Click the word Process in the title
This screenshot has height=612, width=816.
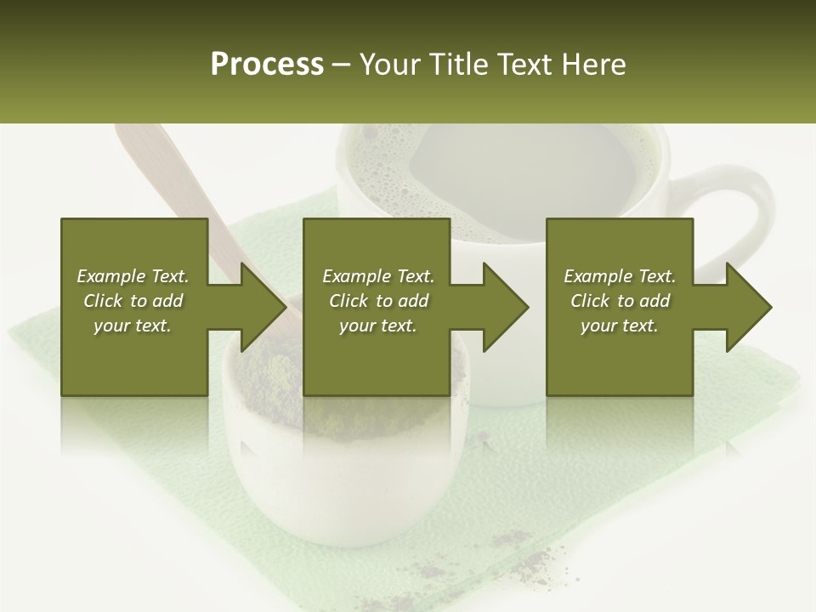click(267, 64)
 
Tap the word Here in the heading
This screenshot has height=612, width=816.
click(592, 64)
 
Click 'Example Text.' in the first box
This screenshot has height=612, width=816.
click(133, 276)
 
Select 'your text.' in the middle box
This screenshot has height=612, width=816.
click(377, 326)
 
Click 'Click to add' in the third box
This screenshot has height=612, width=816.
click(620, 301)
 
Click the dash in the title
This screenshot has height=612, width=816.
click(342, 65)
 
